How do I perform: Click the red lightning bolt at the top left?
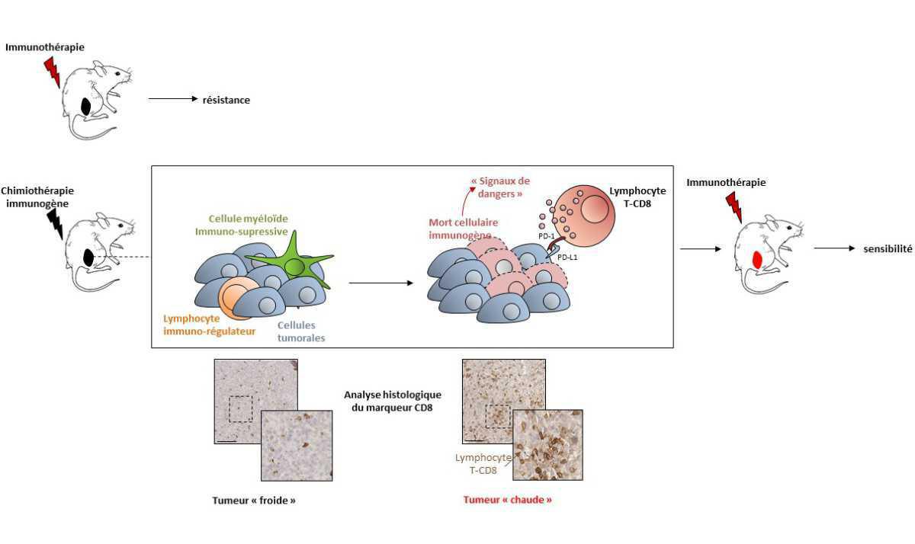pyautogui.click(x=52, y=71)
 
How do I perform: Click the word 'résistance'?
pyautogui.click(x=226, y=100)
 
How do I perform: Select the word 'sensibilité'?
pyautogui.click(x=888, y=248)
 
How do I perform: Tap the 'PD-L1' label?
pyautogui.click(x=567, y=258)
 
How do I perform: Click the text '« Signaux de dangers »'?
pyautogui.click(x=501, y=187)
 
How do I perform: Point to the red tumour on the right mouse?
pyautogui.click(x=758, y=259)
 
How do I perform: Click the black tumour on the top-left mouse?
pyautogui.click(x=88, y=105)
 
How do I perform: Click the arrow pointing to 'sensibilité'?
pyautogui.click(x=835, y=248)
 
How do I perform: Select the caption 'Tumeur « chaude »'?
pyautogui.click(x=507, y=500)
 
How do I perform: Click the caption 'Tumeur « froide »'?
pyautogui.click(x=253, y=501)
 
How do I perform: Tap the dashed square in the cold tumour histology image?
pyautogui.click(x=241, y=408)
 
